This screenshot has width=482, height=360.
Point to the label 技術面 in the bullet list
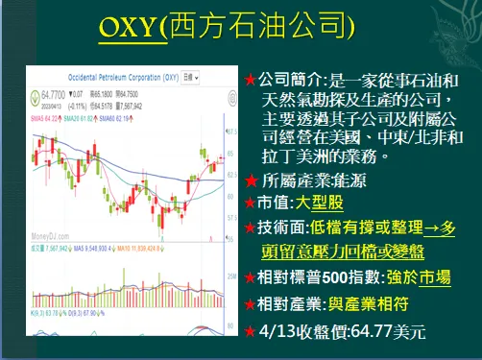[x=281, y=228]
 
